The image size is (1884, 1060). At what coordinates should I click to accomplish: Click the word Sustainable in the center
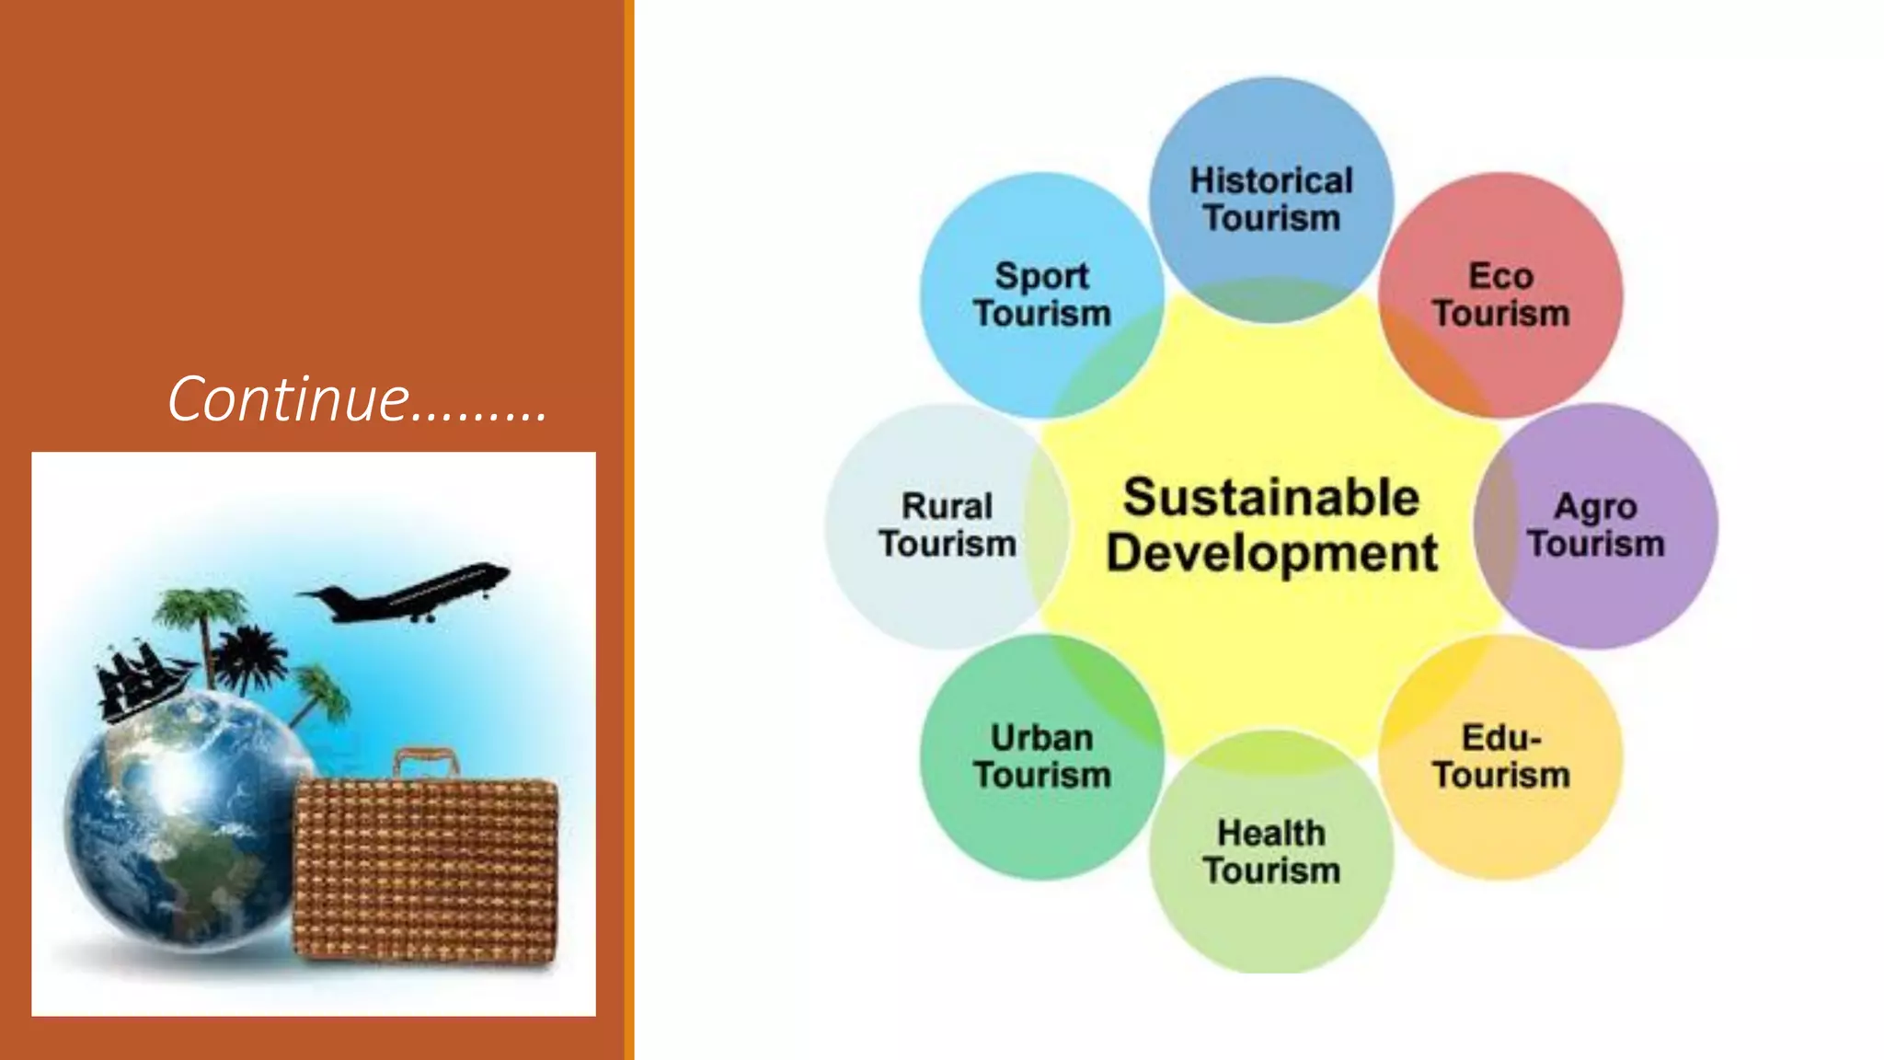(x=1271, y=498)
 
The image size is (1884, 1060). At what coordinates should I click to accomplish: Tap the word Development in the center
(x=1271, y=553)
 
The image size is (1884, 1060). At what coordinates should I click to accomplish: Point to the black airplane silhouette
(x=409, y=593)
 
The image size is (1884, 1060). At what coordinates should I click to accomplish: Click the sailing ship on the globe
(x=138, y=681)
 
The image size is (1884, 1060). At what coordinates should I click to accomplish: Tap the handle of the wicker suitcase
(x=426, y=761)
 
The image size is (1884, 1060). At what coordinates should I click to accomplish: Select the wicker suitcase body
(x=426, y=870)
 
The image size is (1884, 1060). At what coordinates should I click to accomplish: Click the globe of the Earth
(x=179, y=819)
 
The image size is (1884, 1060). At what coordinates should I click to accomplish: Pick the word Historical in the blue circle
(x=1271, y=181)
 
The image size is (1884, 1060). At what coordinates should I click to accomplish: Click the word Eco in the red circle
(x=1500, y=276)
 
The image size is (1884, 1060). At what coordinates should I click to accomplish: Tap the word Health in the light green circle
(x=1271, y=834)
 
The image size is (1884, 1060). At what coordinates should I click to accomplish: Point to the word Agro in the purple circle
(x=1595, y=507)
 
